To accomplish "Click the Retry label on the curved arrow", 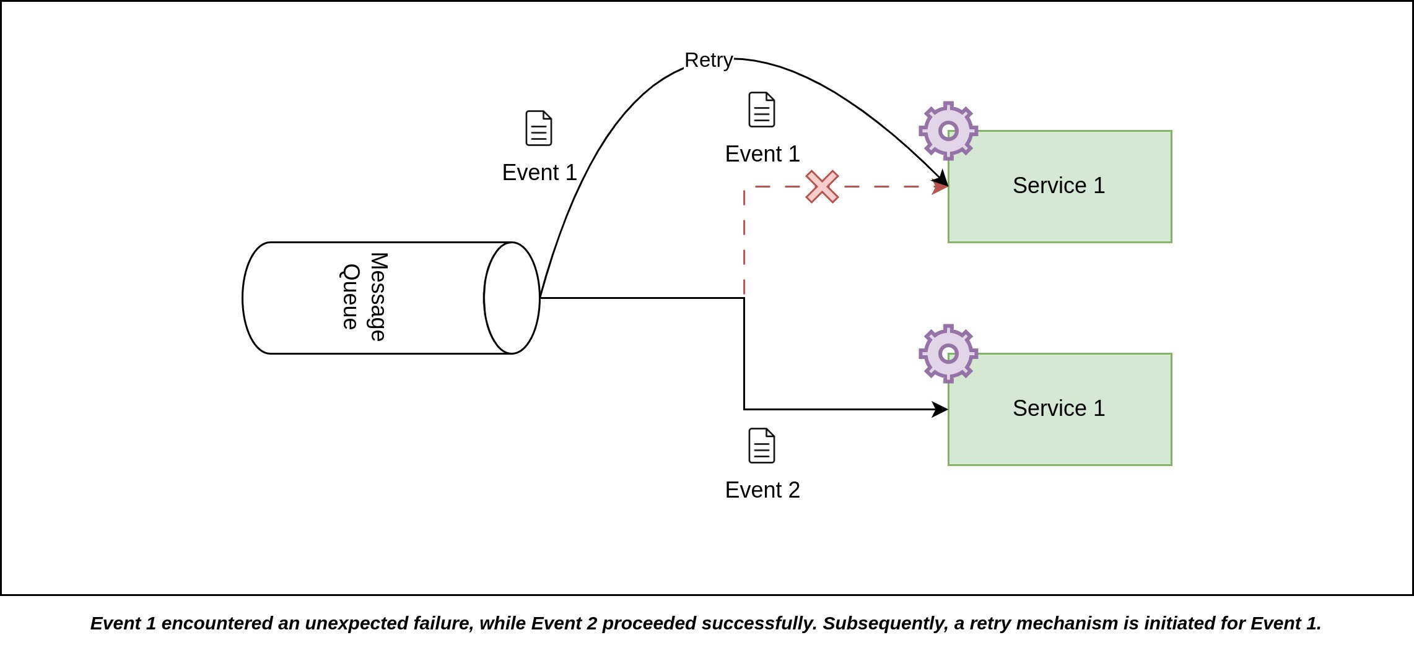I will pos(709,60).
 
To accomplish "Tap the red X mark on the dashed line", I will pos(822,186).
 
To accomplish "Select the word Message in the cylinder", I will pos(378,297).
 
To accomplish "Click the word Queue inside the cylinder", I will pos(351,297).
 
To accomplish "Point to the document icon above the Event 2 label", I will pos(762,446).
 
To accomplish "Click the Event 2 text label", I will pos(762,490).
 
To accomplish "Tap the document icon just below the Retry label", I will pos(762,110).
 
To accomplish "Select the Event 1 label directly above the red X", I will pos(762,154).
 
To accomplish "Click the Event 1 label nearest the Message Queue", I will pos(539,173).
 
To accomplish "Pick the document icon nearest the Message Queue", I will pos(539,128).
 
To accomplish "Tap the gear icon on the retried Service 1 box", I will pos(948,131).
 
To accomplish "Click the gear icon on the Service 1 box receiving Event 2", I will pos(948,353).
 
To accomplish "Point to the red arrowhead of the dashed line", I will pos(940,186).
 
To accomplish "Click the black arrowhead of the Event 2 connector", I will pos(940,409).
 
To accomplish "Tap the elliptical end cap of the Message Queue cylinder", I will pos(512,298).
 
